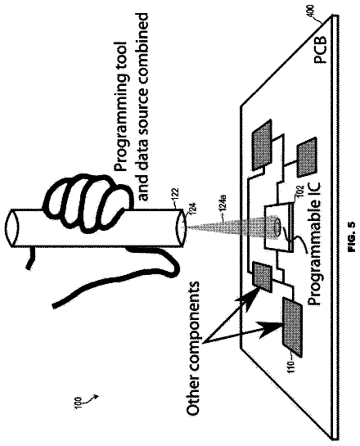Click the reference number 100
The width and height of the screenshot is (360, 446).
[78, 403]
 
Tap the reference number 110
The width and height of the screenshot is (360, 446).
[290, 367]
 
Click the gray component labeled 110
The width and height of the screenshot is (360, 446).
[292, 326]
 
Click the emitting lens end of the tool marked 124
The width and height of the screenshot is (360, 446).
[182, 227]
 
